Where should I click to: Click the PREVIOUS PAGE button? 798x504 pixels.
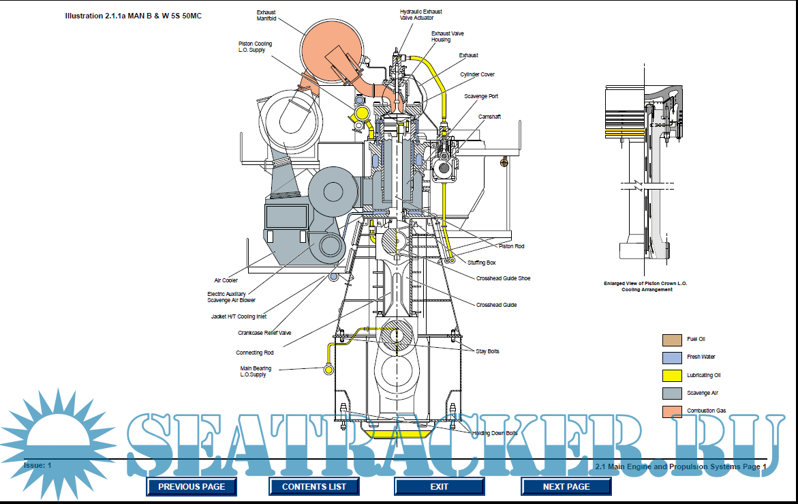pos(191,486)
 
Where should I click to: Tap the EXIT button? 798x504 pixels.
pos(439,486)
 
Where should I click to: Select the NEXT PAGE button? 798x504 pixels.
pos(566,486)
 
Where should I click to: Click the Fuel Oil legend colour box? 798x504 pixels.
pos(672,339)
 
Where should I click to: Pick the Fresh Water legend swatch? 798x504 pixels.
pos(672,357)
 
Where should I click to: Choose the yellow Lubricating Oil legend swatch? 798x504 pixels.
pos(672,375)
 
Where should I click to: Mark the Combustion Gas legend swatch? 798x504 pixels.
pos(672,411)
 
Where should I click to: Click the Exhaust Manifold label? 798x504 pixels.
pos(266,16)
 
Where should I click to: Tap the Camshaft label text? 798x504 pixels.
pos(489,117)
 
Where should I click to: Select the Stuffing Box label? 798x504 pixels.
pos(481,263)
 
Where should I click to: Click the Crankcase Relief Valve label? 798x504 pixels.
pos(264,333)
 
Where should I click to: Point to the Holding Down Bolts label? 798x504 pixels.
pos(495,433)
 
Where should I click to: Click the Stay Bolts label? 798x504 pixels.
pos(487,351)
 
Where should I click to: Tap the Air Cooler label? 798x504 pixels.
pos(226,280)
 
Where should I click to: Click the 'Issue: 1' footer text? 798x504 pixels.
pos(37,465)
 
